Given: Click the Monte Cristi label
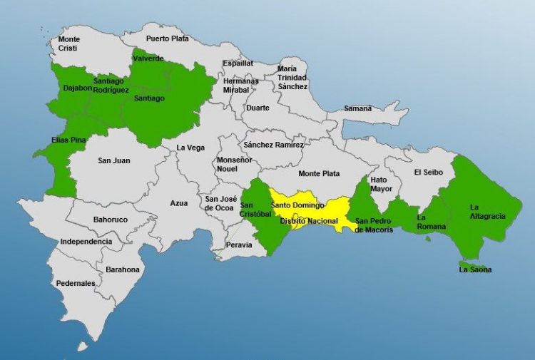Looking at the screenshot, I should click(x=69, y=43).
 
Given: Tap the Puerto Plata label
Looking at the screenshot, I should click(x=168, y=38).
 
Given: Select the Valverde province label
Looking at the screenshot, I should click(x=148, y=58).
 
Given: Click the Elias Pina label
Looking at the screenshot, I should click(x=68, y=140).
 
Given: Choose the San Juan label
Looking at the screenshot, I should click(x=114, y=160).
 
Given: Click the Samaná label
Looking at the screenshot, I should click(x=358, y=108).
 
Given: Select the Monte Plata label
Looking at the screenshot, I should click(x=319, y=173).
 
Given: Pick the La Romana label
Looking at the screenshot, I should click(x=432, y=222).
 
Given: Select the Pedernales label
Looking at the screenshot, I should click(x=76, y=283).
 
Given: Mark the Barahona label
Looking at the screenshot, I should click(x=123, y=270).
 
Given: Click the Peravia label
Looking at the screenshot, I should click(x=239, y=245).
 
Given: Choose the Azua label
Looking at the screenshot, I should click(x=178, y=203).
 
